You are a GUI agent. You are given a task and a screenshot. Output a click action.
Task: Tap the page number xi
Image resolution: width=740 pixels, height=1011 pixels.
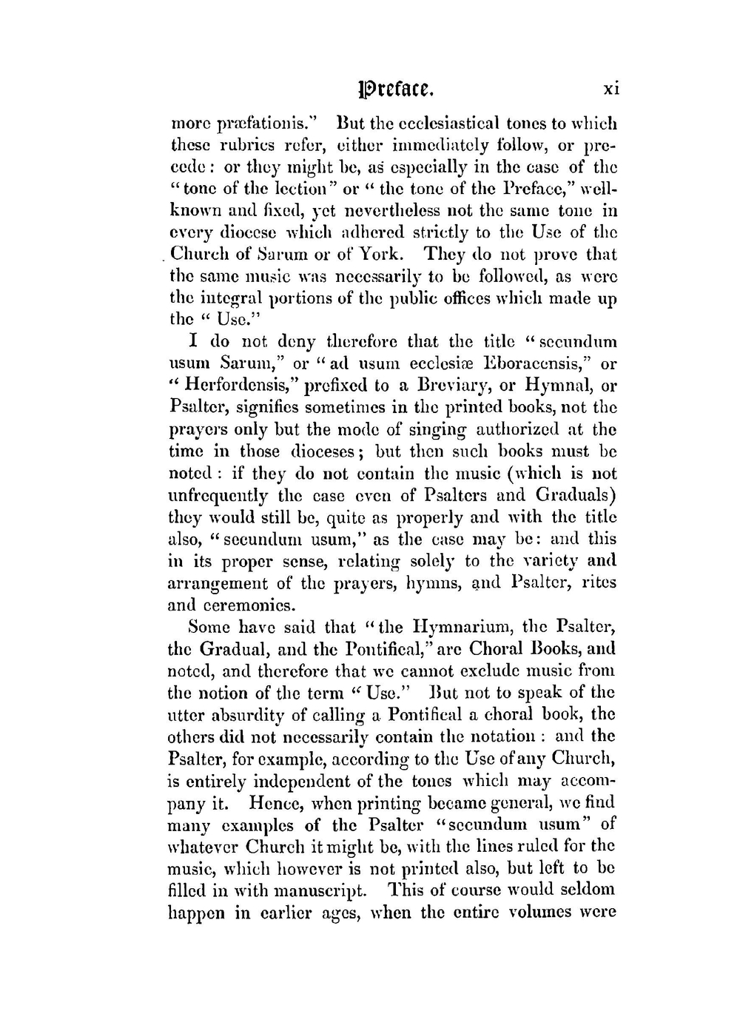tap(610, 89)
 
